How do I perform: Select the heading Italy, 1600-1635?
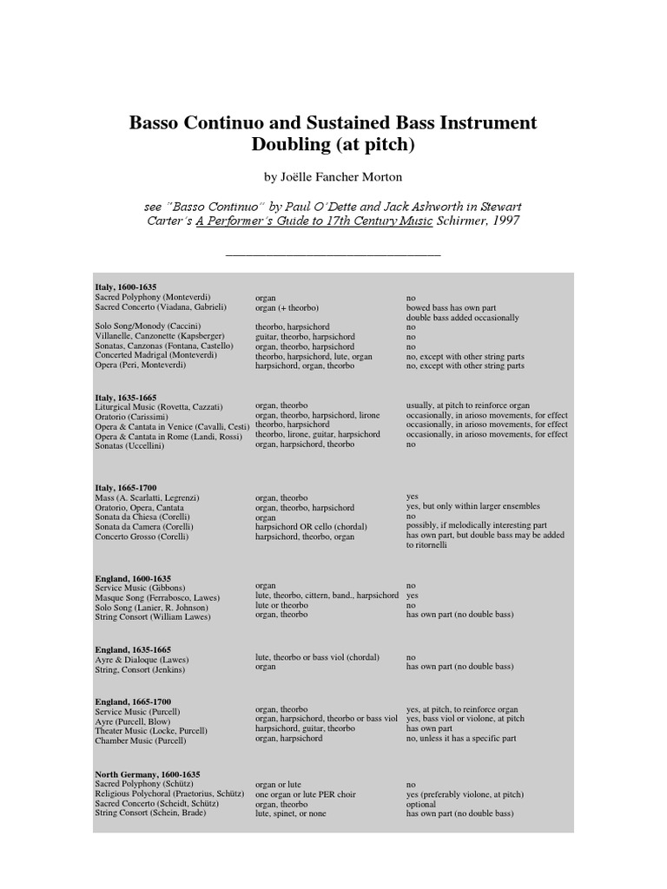tap(125, 286)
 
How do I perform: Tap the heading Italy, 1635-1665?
tap(125, 397)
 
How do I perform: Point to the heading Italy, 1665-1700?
tap(125, 488)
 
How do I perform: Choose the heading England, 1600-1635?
tap(132, 577)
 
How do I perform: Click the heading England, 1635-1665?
tap(132, 649)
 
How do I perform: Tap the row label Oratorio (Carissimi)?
tap(132, 416)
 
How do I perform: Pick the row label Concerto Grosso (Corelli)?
tap(142, 537)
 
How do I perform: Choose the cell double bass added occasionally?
tap(462, 318)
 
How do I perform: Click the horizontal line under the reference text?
tap(333, 255)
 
